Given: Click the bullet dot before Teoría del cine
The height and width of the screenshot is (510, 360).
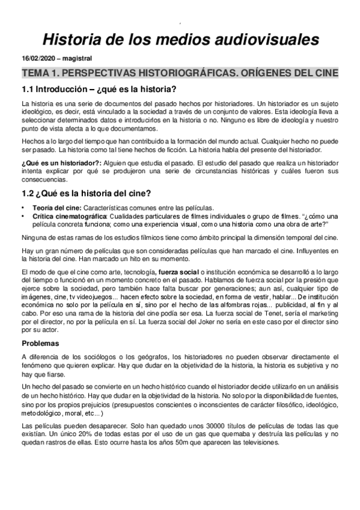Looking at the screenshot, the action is pyautogui.click(x=23, y=207).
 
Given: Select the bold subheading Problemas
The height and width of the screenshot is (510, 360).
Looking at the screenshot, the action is pyautogui.click(x=40, y=343).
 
